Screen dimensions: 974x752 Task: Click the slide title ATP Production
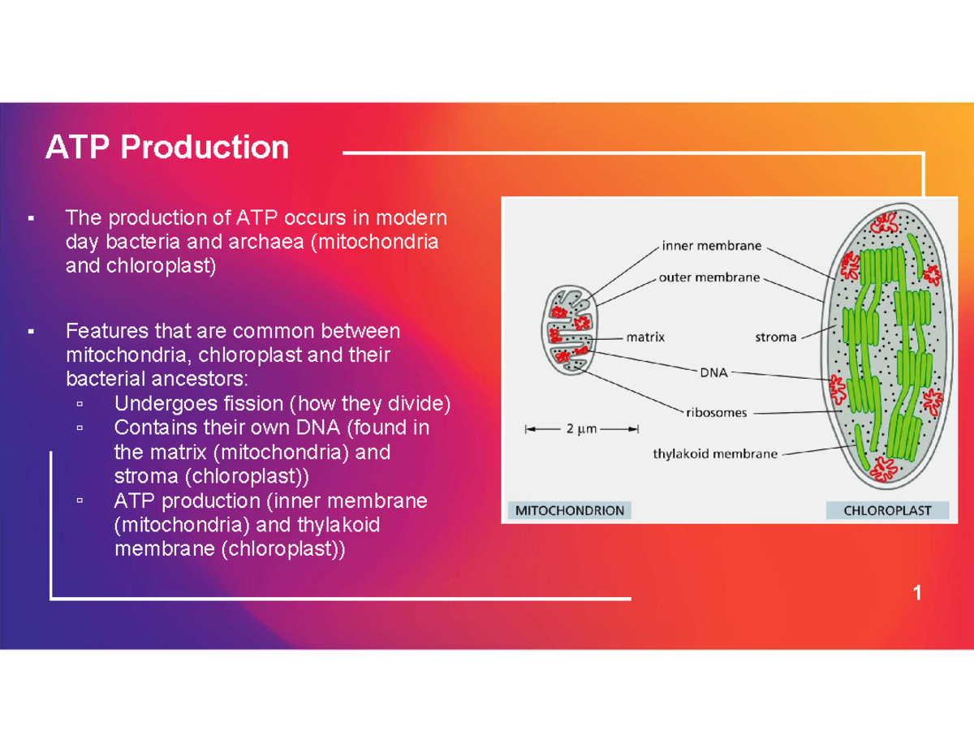point(166,147)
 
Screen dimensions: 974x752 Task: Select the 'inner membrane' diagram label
point(711,246)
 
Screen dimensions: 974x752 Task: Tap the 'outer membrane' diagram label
point(709,277)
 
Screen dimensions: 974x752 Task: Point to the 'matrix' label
point(645,337)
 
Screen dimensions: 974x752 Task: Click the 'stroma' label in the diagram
point(776,337)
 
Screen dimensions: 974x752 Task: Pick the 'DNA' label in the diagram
point(713,372)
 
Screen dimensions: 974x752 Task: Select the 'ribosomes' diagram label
point(716,412)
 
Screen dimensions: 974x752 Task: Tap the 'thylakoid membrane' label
point(715,454)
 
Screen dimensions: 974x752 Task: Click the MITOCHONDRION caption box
point(569,510)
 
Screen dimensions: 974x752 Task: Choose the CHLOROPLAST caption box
point(887,510)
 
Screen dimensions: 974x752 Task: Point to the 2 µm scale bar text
point(581,428)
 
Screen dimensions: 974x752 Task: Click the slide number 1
point(917,592)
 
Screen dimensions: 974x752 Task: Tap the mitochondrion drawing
point(569,330)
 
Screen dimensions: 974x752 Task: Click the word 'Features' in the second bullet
point(107,331)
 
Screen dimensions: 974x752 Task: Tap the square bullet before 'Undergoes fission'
point(80,404)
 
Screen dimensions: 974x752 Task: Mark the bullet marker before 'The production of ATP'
point(31,218)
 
